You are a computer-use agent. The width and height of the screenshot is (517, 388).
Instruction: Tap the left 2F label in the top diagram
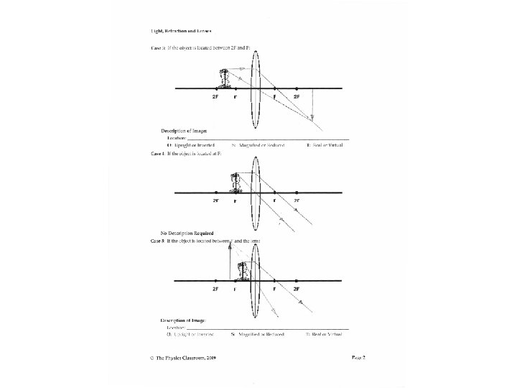(215, 96)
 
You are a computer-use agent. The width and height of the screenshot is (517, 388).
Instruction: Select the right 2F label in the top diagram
(297, 96)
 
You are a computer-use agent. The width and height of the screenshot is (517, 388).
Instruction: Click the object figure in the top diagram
(226, 78)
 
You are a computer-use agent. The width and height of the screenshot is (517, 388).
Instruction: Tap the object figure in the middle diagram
(235, 183)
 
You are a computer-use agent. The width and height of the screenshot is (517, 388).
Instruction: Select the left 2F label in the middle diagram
(215, 200)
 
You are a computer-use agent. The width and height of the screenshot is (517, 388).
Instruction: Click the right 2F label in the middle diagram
(297, 200)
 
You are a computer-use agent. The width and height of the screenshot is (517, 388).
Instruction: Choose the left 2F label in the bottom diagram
(215, 288)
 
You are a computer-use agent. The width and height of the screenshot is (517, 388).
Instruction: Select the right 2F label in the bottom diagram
(297, 288)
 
